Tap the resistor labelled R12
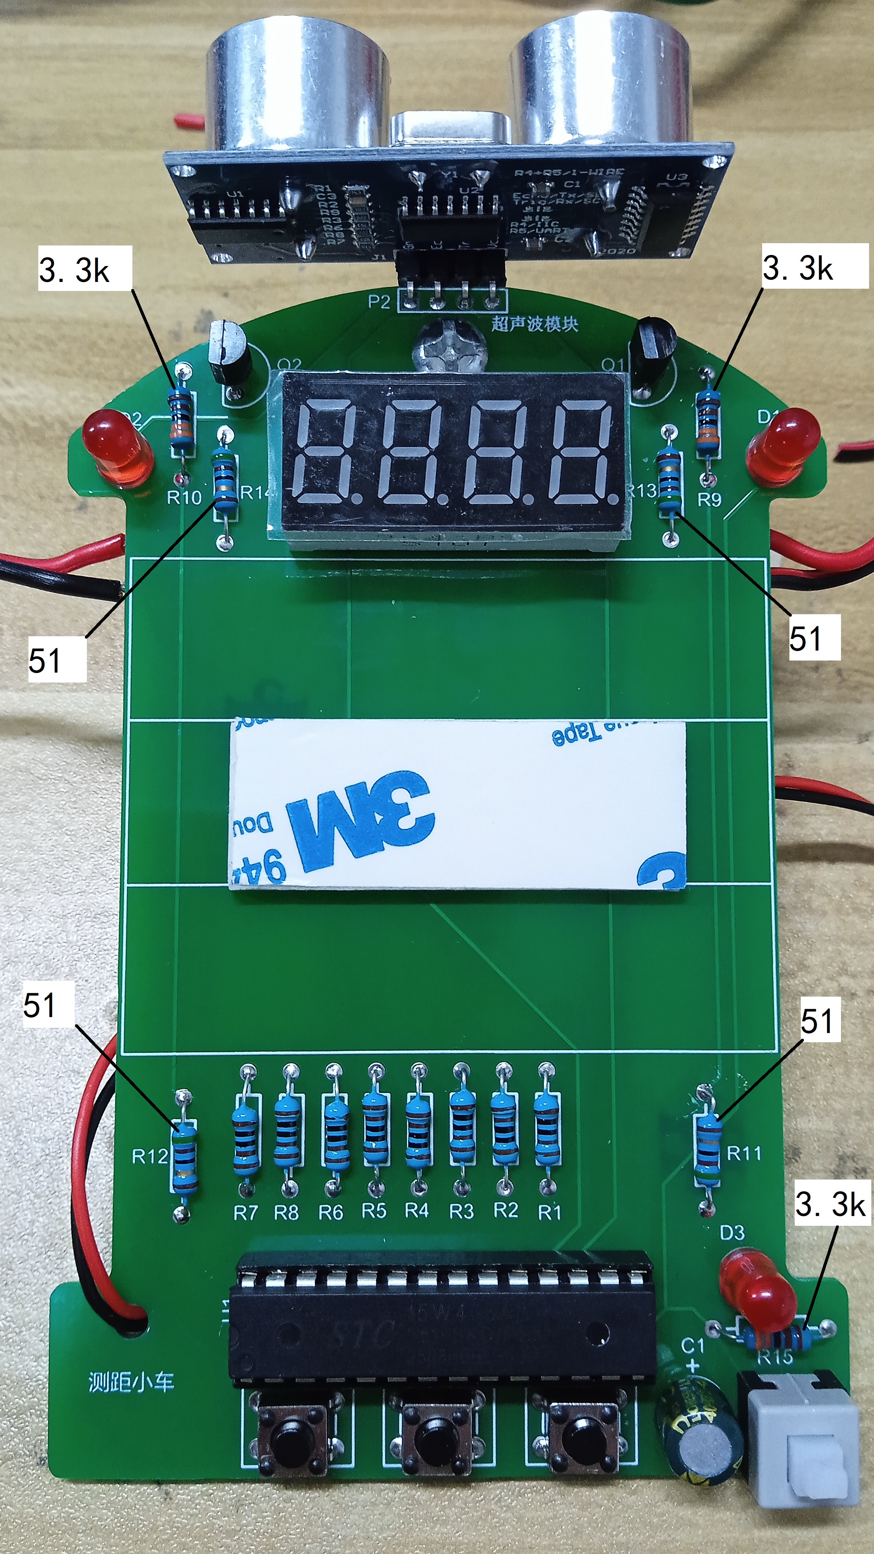184,1155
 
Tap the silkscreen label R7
245,1213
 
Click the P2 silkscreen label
379,302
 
